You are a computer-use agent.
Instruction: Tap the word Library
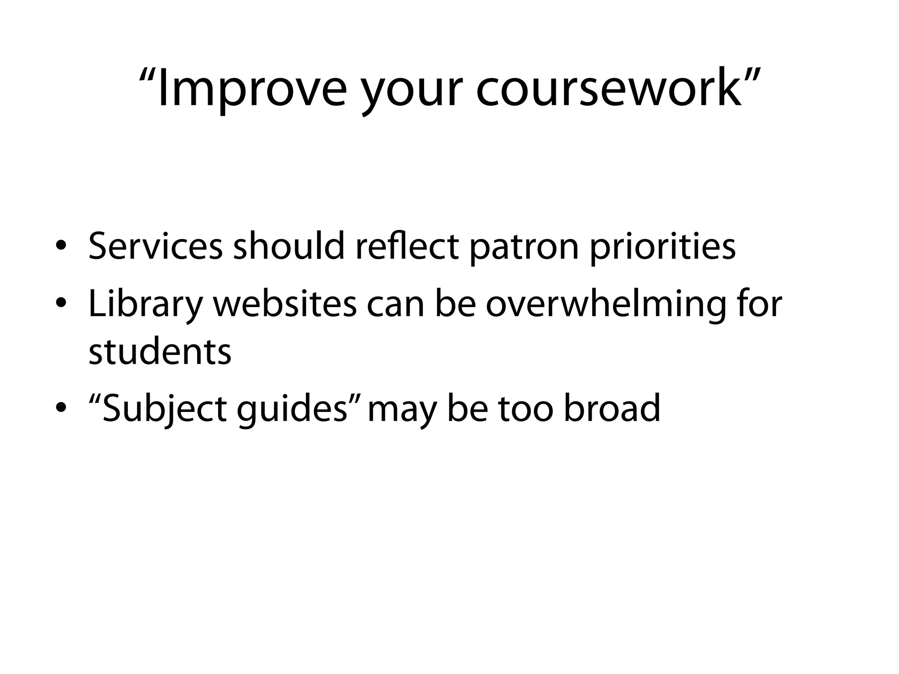(145, 305)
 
